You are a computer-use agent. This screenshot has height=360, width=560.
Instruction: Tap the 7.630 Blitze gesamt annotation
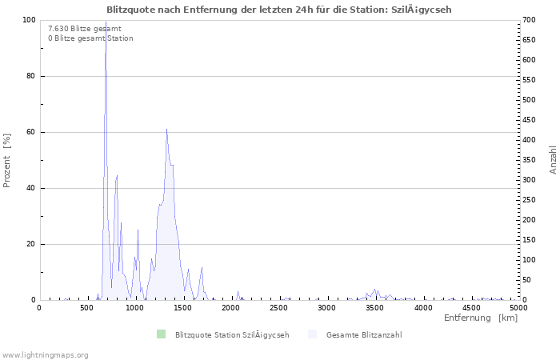(85, 28)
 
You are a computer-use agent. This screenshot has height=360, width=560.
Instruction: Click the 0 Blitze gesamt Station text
(90, 38)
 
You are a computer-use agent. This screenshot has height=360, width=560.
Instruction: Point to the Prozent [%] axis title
(7, 160)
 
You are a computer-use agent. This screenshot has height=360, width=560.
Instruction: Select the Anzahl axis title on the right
(553, 160)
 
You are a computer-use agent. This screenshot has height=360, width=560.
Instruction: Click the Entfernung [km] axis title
(481, 318)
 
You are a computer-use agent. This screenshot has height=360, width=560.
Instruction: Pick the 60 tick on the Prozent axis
(31, 132)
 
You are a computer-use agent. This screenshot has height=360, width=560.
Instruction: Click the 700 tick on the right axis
(528, 20)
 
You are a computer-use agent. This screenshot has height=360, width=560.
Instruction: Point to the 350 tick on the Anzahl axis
(528, 160)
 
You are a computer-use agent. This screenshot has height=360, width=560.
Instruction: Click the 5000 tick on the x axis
(518, 307)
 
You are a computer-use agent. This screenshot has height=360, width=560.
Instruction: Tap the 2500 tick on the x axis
(279, 307)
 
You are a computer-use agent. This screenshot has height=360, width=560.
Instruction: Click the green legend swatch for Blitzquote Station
(161, 334)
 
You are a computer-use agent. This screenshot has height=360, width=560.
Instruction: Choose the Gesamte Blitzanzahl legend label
(365, 334)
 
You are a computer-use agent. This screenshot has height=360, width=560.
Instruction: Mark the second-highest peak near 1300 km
(166, 129)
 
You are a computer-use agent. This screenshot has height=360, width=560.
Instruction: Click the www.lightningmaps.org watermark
(45, 354)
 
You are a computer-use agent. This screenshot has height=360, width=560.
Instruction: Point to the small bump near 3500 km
(374, 290)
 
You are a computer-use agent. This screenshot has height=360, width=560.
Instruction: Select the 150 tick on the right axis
(528, 240)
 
